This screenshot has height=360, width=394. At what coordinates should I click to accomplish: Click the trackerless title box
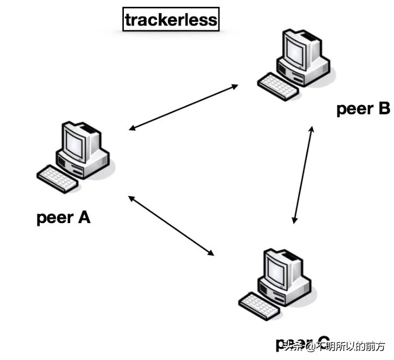(170, 20)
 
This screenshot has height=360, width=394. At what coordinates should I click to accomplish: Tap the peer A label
(64, 217)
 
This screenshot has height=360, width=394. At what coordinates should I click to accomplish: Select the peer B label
(363, 109)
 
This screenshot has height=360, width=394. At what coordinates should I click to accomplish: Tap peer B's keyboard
(279, 86)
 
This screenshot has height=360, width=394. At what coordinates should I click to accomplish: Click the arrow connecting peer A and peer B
(183, 107)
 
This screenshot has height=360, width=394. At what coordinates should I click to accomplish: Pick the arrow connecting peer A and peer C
(171, 226)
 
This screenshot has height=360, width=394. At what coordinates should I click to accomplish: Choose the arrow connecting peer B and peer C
(304, 175)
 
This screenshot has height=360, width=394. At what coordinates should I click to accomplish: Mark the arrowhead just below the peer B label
(312, 129)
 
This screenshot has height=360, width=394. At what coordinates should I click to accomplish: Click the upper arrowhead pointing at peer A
(132, 128)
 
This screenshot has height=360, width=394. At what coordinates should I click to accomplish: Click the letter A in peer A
(84, 217)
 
